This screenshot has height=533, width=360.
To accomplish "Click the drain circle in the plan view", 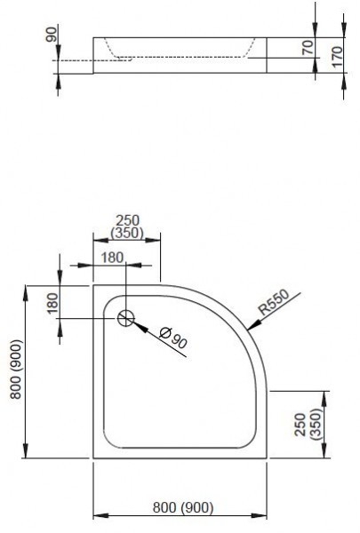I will pos(126,318).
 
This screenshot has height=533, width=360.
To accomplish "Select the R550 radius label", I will pos(273,306).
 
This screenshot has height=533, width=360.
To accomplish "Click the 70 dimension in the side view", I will pos(308,47).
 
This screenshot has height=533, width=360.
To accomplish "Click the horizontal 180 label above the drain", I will pos(112,258).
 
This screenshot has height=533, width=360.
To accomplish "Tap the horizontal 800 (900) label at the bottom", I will pos(182,507).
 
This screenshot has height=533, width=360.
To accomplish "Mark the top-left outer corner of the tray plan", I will pos(93,285).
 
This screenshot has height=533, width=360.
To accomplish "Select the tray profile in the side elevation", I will pos(178,55).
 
